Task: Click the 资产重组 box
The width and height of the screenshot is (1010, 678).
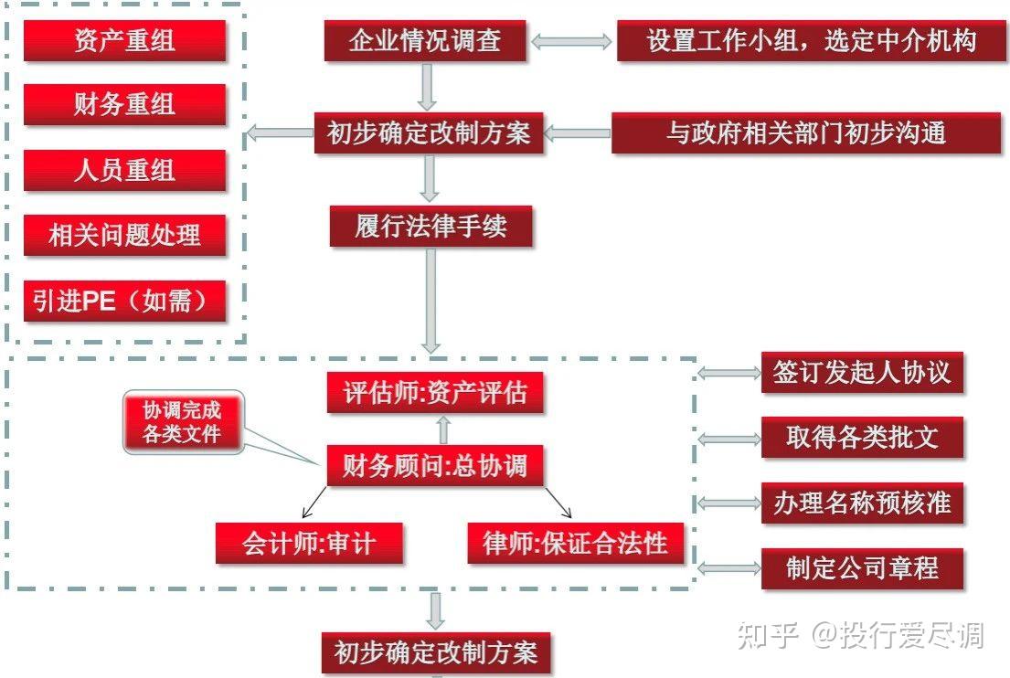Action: point(124,41)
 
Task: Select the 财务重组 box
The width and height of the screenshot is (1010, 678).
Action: point(124,105)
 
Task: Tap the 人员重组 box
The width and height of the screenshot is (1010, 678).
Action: point(124,171)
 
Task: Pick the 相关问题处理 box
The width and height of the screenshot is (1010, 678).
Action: point(124,236)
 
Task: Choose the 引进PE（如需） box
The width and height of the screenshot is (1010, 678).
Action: point(124,301)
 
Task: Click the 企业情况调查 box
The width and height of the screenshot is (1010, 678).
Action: point(425,41)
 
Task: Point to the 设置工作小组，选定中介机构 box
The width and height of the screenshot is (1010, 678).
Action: point(811,41)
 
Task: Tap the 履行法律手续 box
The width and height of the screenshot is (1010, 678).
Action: point(431,226)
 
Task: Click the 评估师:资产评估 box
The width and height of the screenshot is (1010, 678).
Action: point(435,393)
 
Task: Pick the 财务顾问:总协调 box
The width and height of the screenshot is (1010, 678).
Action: point(435,466)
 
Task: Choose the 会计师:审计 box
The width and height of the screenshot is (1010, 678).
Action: point(310,544)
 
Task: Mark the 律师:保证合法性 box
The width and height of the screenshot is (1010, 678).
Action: point(575,544)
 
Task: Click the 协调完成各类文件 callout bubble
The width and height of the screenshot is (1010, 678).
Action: point(183,422)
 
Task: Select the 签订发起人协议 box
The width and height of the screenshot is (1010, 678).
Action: point(862,373)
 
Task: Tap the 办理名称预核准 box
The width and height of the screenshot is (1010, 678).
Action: point(862,503)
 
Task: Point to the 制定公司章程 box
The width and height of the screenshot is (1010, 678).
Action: point(862,568)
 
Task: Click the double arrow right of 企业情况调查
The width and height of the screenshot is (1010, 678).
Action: point(571,41)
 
